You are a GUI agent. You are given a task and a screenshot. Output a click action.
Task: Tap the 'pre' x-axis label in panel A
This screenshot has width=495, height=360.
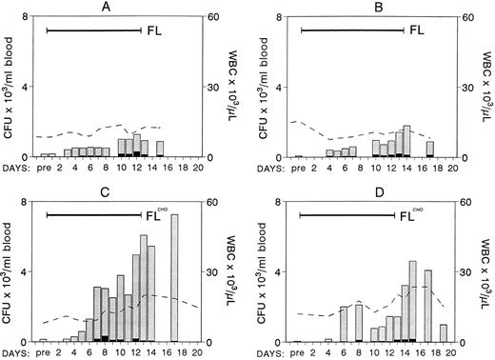(43, 170)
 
